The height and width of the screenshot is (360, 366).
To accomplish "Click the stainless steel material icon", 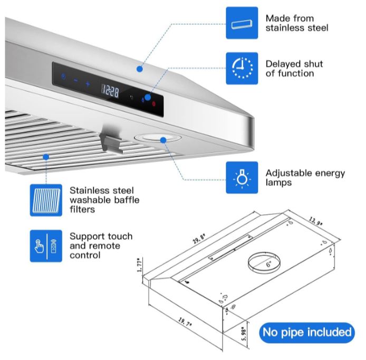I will point(242,23).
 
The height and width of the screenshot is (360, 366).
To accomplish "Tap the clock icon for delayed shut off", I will point(242,68).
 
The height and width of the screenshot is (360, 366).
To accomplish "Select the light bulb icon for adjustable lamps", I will point(242,178).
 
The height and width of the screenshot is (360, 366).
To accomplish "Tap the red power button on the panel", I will point(154,103).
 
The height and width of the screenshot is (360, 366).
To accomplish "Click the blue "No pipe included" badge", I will point(307,333).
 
